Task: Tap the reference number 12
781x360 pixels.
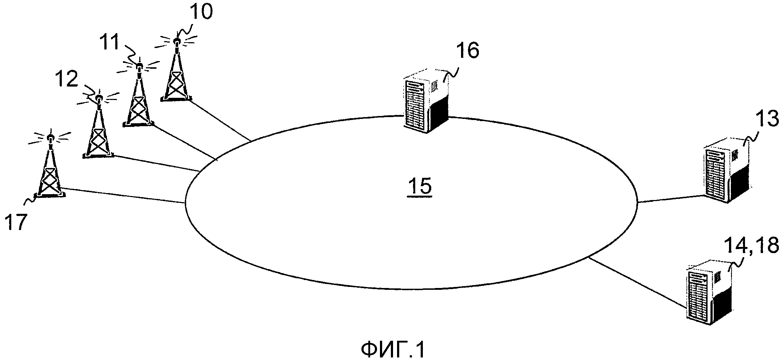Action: tap(67, 79)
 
